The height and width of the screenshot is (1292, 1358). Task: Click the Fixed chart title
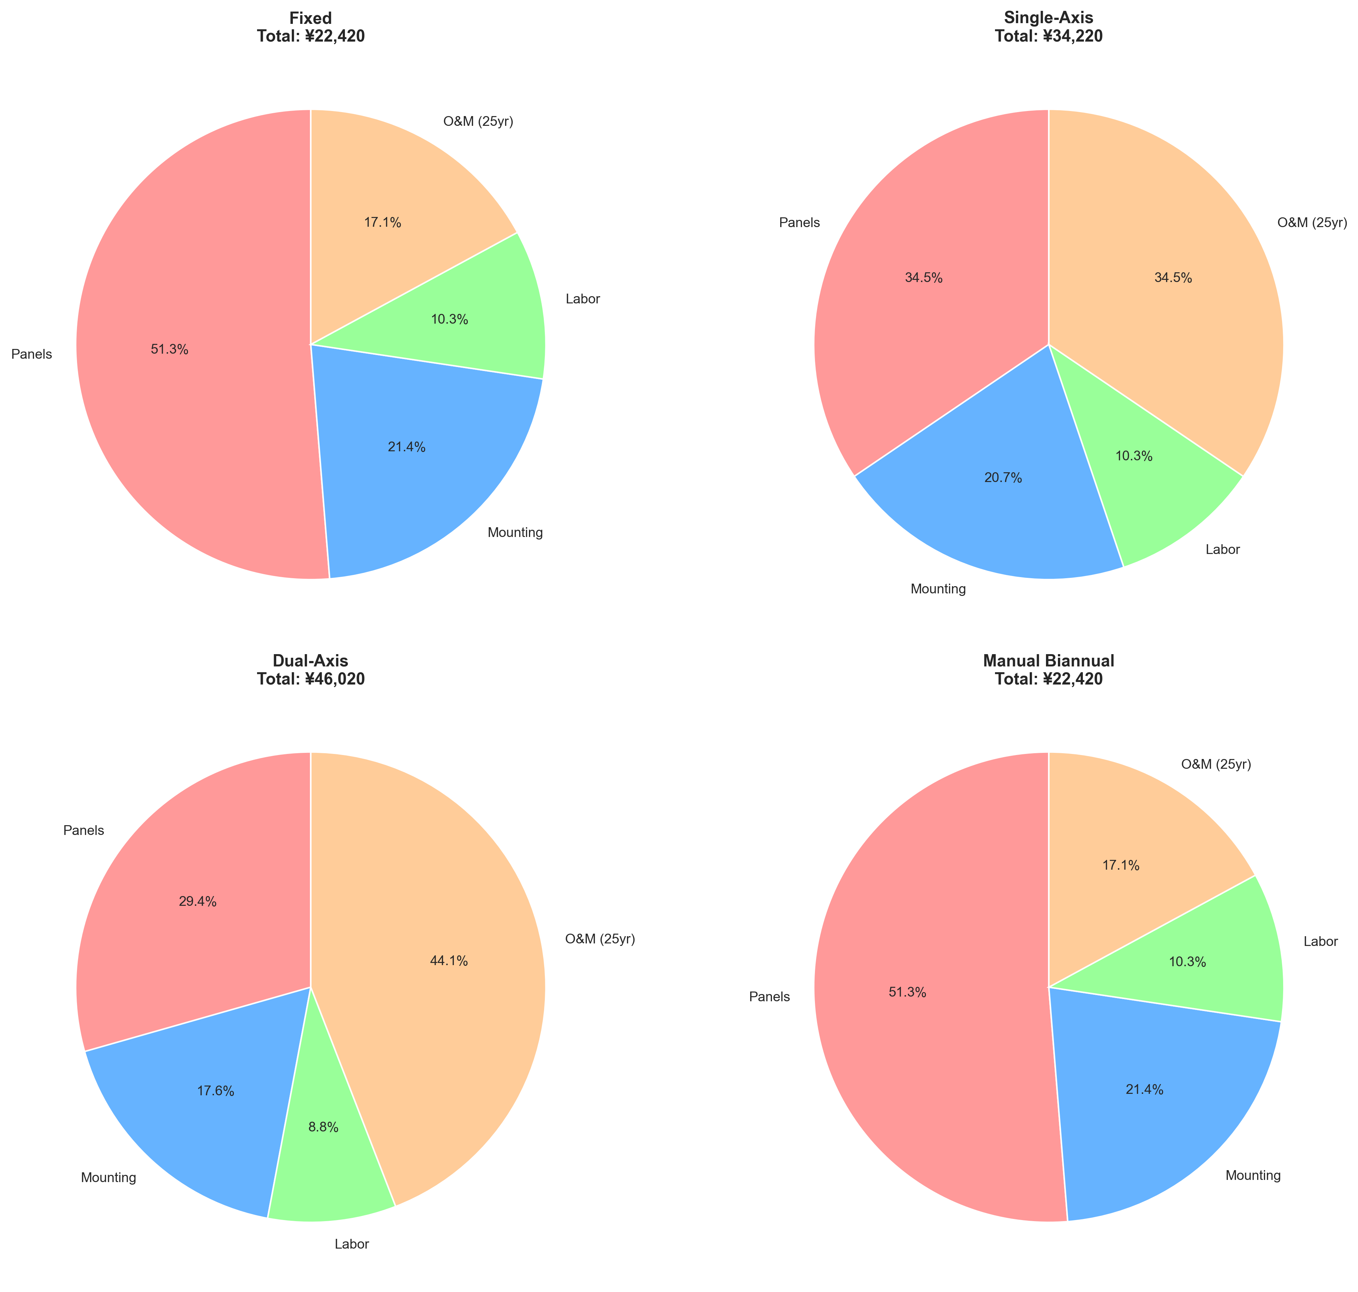tap(311, 18)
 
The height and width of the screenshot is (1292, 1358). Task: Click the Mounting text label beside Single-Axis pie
tap(938, 589)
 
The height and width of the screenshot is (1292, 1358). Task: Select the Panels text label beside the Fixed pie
tap(32, 355)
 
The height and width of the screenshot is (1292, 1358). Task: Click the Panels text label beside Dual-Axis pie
tap(83, 831)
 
